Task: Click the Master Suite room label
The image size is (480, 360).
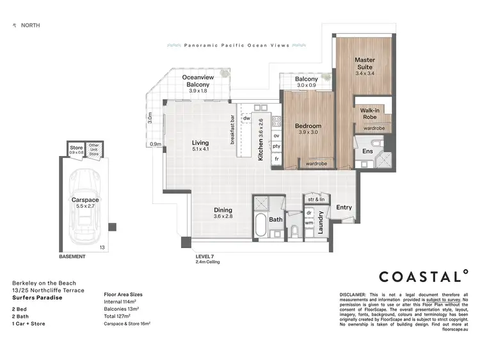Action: pyautogui.click(x=364, y=63)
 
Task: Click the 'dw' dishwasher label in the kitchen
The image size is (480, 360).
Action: pyautogui.click(x=246, y=119)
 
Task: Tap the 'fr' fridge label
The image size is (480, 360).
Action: pyautogui.click(x=276, y=158)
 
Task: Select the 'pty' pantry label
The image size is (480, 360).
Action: pyautogui.click(x=276, y=146)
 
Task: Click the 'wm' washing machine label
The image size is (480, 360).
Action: pyautogui.click(x=308, y=223)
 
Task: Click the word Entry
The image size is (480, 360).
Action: pyautogui.click(x=344, y=207)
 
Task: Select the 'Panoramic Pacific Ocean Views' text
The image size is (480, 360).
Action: pyautogui.click(x=236, y=46)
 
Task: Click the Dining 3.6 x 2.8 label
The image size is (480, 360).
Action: pyautogui.click(x=223, y=214)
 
